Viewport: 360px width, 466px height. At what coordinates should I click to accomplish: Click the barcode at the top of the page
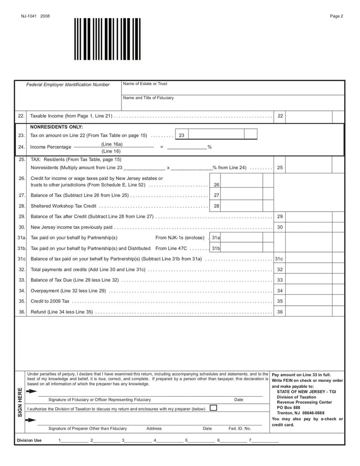tap(107, 39)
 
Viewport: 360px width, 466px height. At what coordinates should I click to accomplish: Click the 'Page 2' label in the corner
tap(336, 16)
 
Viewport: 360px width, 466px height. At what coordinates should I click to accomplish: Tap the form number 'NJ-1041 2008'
tap(35, 16)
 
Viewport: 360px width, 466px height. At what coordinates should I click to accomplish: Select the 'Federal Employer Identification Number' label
tap(67, 85)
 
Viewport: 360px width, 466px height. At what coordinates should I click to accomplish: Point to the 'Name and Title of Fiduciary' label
tap(148, 98)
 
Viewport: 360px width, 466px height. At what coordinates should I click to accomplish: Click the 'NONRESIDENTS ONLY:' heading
tap(56, 127)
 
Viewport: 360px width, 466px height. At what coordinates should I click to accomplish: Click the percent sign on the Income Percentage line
tap(209, 147)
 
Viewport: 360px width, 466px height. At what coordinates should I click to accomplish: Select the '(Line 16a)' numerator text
tap(112, 144)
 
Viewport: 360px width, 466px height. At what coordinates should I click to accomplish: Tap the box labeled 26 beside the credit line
tap(216, 185)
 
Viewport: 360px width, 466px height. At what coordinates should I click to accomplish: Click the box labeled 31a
tap(216, 237)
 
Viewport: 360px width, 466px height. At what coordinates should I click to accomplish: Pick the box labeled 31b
tap(216, 248)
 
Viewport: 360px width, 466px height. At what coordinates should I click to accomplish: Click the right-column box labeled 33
tap(280, 280)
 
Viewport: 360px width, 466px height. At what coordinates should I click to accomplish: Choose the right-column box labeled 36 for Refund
tap(280, 312)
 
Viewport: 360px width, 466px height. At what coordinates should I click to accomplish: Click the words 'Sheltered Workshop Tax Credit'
tap(63, 206)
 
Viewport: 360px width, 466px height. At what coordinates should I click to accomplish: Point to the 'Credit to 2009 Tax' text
tap(50, 301)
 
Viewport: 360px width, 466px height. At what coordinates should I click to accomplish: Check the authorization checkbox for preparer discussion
tap(213, 408)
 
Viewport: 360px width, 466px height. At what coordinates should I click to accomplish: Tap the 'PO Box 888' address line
tap(288, 407)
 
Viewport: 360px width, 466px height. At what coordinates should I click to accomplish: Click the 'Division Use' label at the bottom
tap(29, 440)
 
